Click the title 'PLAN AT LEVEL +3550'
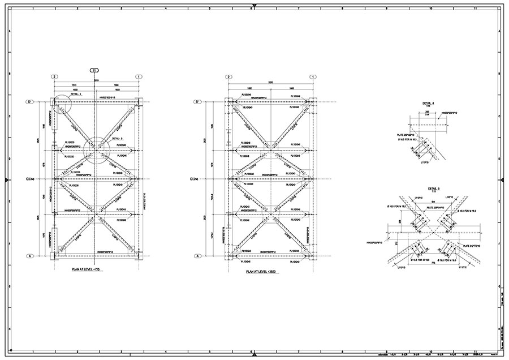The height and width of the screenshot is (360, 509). click(x=266, y=272)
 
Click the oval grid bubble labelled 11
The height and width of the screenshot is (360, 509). click(x=94, y=70)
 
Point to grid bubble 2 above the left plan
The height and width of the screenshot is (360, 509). click(x=54, y=76)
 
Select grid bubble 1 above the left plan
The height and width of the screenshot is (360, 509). click(x=137, y=76)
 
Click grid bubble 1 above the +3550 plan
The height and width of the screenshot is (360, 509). click(x=312, y=76)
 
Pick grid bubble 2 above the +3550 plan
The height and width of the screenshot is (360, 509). click(x=228, y=76)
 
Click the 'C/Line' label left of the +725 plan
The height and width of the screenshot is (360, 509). click(x=28, y=179)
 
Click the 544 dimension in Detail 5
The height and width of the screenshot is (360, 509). click(x=433, y=202)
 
